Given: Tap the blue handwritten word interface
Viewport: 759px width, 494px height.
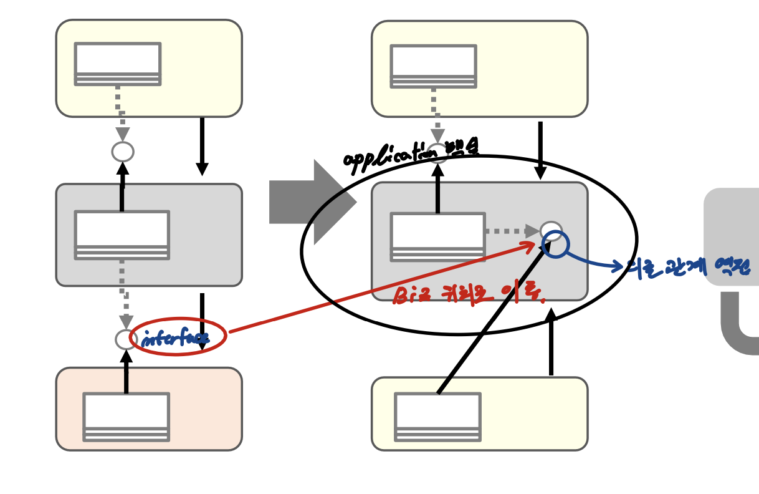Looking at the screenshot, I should [175, 338].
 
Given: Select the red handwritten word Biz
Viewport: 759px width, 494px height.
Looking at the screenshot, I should [408, 294].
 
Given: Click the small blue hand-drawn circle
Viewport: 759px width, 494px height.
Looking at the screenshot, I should [555, 245].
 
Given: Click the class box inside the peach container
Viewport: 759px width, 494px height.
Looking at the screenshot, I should [126, 417].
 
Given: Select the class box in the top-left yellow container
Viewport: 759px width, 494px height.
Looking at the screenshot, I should [117, 64].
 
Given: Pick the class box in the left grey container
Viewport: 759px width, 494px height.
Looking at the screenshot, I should [122, 235].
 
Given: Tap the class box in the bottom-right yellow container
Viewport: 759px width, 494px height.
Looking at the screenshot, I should [437, 417].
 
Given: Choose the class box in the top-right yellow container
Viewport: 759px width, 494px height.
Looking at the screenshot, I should [433, 66].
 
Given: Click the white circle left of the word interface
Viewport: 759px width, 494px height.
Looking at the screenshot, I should [126, 339].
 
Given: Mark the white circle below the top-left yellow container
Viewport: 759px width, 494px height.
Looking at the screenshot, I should [123, 152].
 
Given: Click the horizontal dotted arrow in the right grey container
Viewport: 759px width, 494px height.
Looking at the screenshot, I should [511, 231].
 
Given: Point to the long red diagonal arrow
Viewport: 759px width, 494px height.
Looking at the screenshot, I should [380, 288].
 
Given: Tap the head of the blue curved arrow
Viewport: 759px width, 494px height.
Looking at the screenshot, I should [618, 266].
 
